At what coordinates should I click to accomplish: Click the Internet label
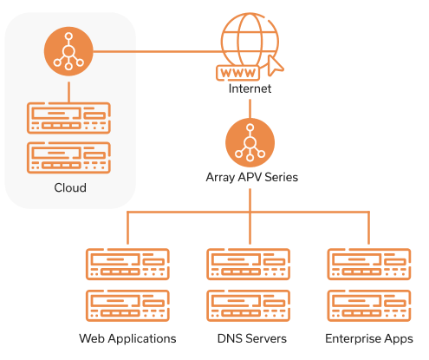click(250, 88)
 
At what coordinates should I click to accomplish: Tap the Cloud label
click(70, 187)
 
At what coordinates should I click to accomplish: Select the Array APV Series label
click(251, 177)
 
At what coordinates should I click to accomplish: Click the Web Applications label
click(127, 338)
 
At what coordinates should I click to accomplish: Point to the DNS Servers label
click(251, 338)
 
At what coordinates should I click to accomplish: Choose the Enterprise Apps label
click(369, 338)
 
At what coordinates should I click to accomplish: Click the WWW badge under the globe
click(237, 73)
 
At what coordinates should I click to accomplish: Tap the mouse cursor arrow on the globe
click(275, 66)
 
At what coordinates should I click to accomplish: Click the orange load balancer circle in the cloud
click(68, 51)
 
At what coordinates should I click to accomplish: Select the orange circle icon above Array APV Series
click(250, 142)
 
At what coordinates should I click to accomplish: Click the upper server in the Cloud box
click(68, 118)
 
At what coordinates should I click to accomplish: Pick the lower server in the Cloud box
click(68, 158)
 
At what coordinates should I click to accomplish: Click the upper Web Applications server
click(127, 264)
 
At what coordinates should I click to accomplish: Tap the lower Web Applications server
click(127, 305)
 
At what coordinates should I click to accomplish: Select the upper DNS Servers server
click(249, 264)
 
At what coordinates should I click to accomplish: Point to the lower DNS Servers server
click(249, 305)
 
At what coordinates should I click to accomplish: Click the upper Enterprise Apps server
click(369, 264)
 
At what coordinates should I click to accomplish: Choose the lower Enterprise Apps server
click(369, 305)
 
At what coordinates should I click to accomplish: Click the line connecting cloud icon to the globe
click(158, 52)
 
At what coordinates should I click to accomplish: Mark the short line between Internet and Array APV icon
click(250, 108)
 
